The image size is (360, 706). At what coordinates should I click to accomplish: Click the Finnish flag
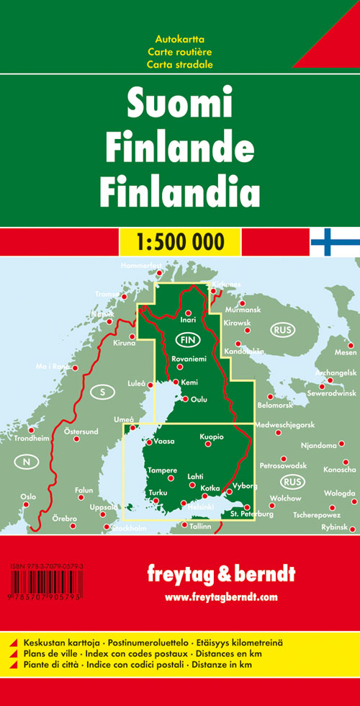[x=335, y=241]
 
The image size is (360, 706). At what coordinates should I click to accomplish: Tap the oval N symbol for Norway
[x=27, y=462]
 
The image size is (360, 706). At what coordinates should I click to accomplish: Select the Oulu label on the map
[x=199, y=399]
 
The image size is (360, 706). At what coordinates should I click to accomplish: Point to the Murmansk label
[x=241, y=310]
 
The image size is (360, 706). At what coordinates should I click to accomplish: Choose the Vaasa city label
[x=165, y=443]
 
